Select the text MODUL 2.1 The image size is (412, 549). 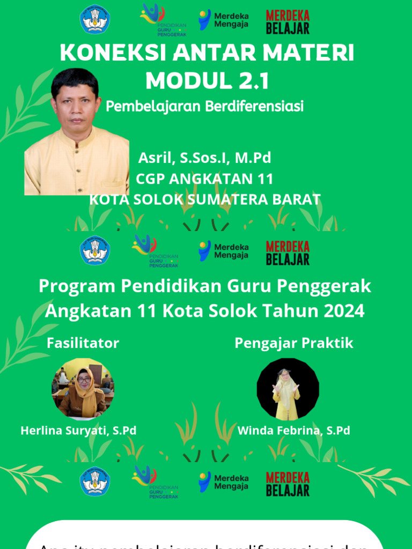point(207,81)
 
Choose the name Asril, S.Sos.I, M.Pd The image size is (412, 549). point(204,158)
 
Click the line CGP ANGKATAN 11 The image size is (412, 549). point(204,179)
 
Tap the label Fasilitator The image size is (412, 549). point(83,343)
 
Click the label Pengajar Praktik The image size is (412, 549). point(294,343)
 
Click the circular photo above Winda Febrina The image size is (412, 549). point(288,389)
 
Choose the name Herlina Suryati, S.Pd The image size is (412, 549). point(78,431)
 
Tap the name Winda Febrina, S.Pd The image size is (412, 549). point(293,431)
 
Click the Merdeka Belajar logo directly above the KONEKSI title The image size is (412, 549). point(288,22)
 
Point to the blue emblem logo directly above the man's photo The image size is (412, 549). point(95,20)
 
